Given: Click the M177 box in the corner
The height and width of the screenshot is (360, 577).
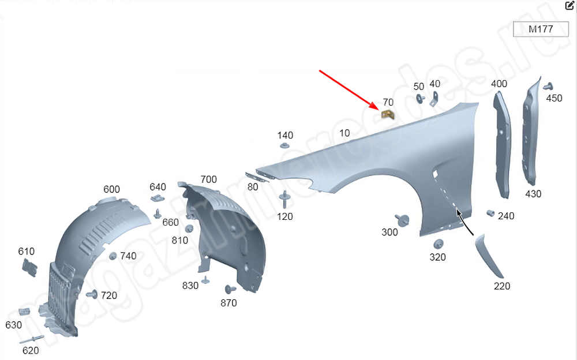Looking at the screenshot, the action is tap(541, 29).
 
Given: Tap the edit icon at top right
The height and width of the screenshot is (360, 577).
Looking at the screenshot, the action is tap(569, 6).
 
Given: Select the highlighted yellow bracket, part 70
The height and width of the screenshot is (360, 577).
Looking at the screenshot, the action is tap(388, 114).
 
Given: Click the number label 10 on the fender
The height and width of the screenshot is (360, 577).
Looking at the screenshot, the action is tap(344, 133).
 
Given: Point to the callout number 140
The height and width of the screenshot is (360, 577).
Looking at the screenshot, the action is tap(285, 135).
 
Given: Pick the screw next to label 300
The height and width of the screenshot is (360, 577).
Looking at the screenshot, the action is tap(402, 220).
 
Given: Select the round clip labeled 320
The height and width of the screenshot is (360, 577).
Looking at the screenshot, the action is tap(439, 243).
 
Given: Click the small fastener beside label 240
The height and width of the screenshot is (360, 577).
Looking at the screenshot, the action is tap(490, 213).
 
